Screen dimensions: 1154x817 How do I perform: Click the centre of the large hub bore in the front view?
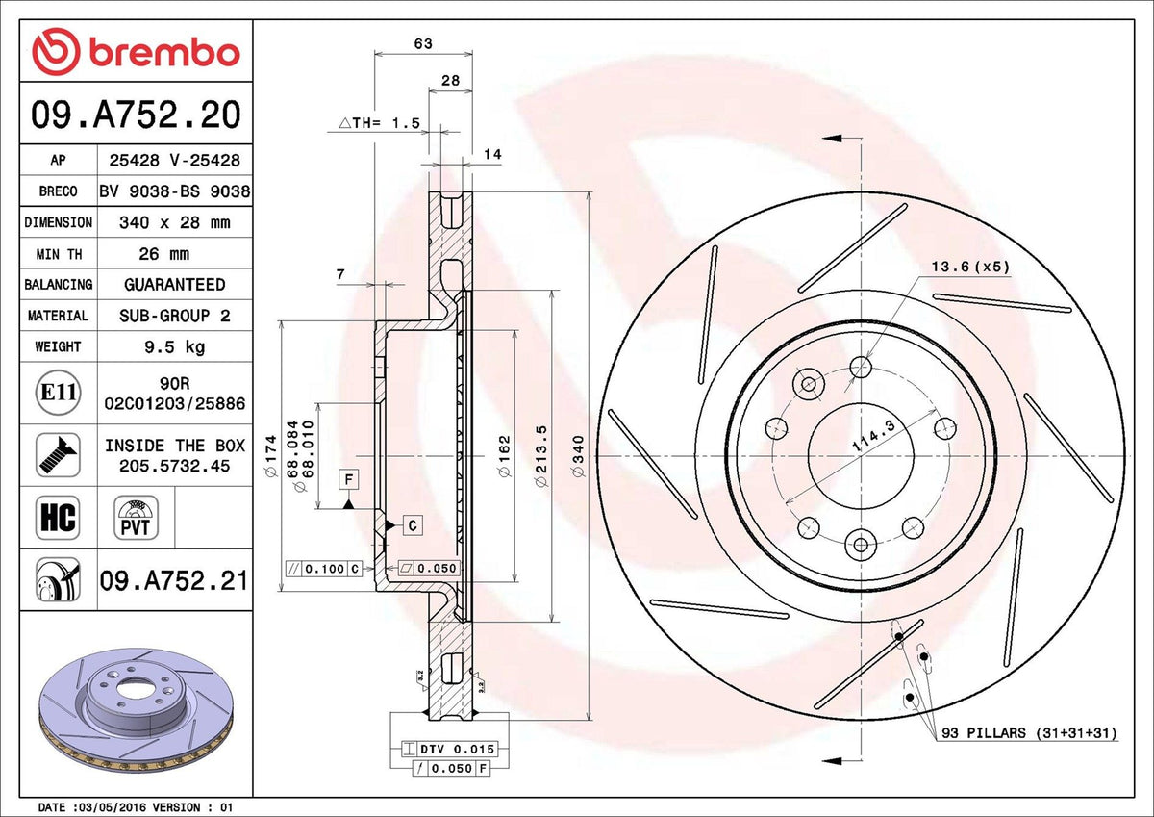point(861,456)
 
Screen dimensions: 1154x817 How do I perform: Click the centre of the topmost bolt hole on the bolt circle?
point(861,368)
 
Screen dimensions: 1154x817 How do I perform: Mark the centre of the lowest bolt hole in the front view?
point(861,545)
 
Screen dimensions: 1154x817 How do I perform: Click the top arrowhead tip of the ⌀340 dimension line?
point(590,192)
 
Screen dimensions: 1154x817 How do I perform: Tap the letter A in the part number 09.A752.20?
point(105,115)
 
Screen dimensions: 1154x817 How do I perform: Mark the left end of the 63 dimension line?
point(374,53)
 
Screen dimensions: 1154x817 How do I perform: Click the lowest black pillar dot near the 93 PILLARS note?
point(910,697)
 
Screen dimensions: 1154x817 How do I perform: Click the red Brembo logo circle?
point(56,51)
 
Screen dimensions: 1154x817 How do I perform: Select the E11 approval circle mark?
point(59,393)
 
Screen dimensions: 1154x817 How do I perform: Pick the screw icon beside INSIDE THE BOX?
point(59,455)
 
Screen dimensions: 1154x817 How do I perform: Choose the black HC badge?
point(58,518)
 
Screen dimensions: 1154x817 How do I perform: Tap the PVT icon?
point(136,518)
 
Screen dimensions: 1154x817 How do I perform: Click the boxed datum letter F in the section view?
point(349,479)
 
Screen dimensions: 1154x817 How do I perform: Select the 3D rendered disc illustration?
point(137,710)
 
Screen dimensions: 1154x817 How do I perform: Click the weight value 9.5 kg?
point(175,346)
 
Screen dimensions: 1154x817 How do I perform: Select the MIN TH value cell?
point(175,253)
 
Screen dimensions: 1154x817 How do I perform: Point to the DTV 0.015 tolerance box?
point(450,749)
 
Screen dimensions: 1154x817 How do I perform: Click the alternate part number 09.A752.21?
point(174,581)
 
